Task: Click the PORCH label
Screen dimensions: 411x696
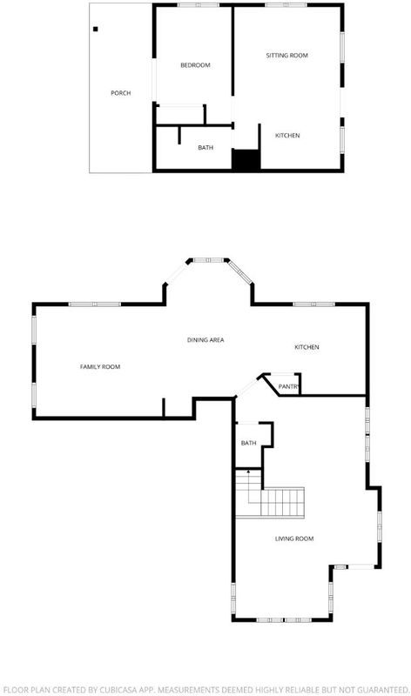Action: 120,93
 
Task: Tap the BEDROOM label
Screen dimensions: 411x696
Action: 195,65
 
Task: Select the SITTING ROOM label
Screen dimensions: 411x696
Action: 287,56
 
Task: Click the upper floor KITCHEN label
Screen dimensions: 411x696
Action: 287,136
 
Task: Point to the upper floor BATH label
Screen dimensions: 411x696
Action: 205,147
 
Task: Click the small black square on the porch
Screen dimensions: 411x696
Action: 96,30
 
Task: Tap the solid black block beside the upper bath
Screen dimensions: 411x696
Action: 246,160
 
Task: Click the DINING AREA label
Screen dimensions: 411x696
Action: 205,340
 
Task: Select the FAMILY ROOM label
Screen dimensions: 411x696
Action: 100,366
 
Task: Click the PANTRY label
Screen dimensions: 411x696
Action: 289,387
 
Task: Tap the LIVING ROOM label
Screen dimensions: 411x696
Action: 294,539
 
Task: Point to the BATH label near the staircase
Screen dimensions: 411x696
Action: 249,443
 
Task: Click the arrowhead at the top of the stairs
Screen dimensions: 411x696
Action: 248,471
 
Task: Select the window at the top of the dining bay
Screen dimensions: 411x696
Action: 208,260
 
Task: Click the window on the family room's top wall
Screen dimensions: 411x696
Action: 95,304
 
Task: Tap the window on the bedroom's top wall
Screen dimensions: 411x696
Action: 199,5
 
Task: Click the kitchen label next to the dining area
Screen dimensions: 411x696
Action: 307,347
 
